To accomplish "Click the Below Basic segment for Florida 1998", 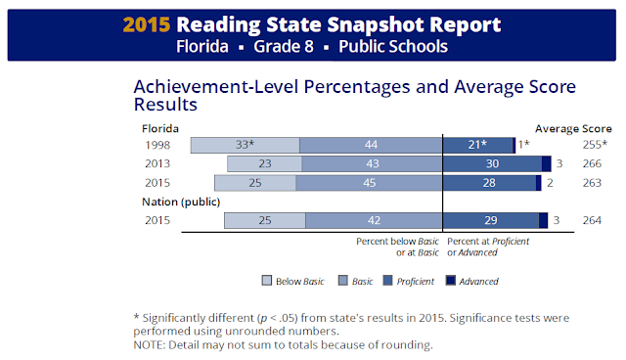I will tap(245, 146).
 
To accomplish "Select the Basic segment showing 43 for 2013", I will tap(372, 164).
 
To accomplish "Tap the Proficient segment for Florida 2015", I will tap(489, 183).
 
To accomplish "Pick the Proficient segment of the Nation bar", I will tap(491, 221).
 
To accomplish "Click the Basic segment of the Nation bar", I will tap(375, 221).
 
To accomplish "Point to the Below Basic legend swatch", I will tap(267, 281).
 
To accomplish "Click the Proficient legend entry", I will tap(411, 281).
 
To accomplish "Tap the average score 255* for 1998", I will tap(591, 146).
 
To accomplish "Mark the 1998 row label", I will tap(156, 146).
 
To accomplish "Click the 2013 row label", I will tap(156, 164).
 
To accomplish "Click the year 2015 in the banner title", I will tap(150, 23).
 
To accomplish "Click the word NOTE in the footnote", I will tap(150, 344).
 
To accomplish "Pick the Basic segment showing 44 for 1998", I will tap(372, 146).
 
